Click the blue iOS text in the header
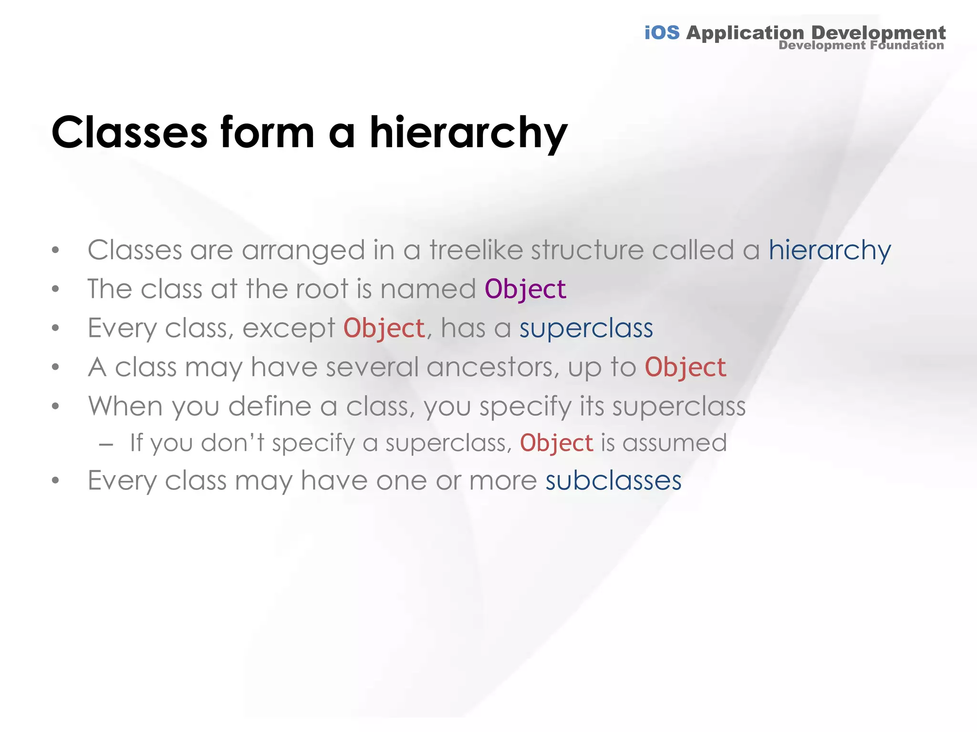[x=662, y=33]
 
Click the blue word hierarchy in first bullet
[x=829, y=251]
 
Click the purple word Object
[x=525, y=290]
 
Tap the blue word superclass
[x=586, y=329]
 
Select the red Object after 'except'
[x=384, y=329]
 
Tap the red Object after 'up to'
[x=685, y=368]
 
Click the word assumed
[x=675, y=443]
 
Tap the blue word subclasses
[x=613, y=481]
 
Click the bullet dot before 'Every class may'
[x=56, y=481]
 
